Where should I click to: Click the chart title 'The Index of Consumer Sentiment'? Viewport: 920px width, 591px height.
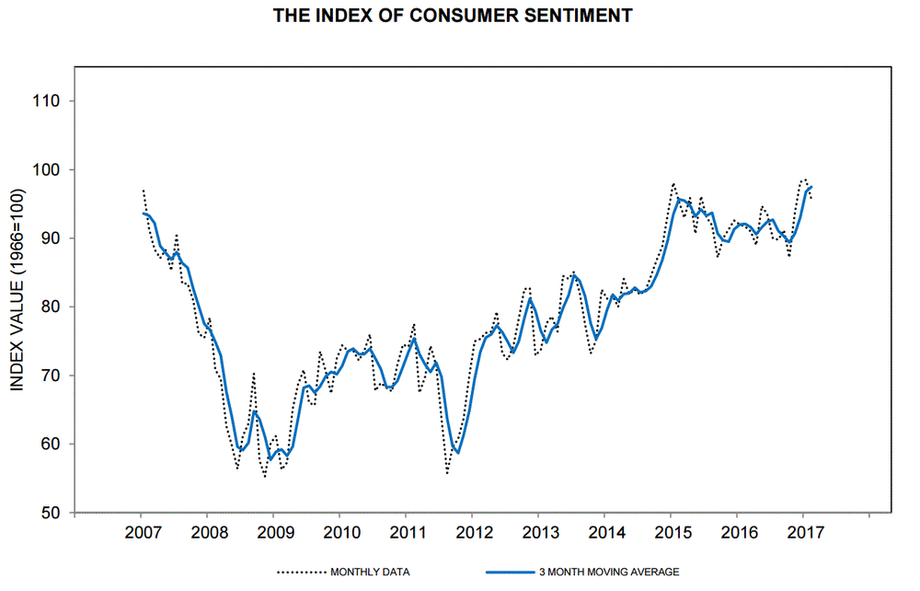pyautogui.click(x=452, y=16)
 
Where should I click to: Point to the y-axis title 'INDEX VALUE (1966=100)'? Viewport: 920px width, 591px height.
pyautogui.click(x=17, y=289)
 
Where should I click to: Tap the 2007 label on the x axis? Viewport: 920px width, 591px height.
pyautogui.click(x=141, y=533)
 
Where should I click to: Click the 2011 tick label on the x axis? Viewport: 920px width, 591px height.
pyautogui.click(x=406, y=533)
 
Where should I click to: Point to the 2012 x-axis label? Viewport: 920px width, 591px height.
pyautogui.click(x=472, y=533)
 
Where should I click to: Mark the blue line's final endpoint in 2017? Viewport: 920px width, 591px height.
pyautogui.click(x=811, y=187)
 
